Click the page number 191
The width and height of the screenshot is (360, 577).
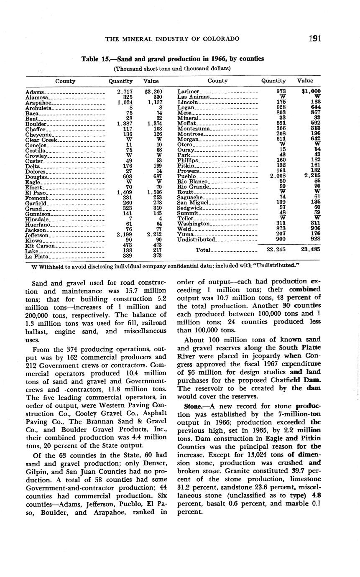(x=315, y=39)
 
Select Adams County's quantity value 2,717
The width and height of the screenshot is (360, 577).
(x=125, y=92)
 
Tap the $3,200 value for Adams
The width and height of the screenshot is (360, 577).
(x=153, y=92)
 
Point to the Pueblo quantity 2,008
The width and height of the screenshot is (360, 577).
(x=277, y=176)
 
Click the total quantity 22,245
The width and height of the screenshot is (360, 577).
(x=276, y=250)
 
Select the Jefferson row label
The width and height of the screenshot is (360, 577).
(x=37, y=235)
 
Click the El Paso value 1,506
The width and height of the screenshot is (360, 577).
(x=155, y=192)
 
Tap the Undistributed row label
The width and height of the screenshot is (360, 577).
(x=196, y=240)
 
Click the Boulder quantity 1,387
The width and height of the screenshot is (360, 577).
(x=125, y=124)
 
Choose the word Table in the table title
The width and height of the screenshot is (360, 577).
(x=90, y=59)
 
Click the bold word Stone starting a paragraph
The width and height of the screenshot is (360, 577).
(x=192, y=406)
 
